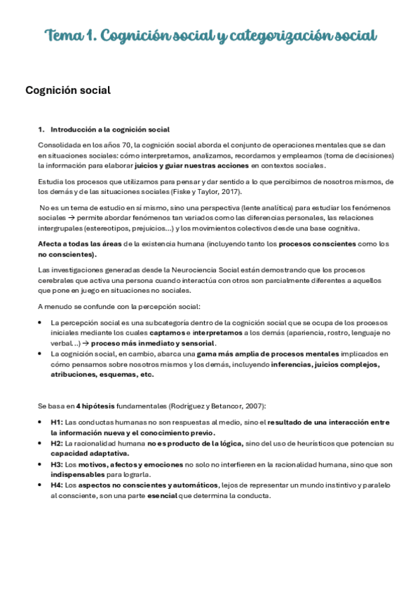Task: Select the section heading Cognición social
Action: tap(68, 90)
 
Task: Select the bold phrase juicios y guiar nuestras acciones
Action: tap(191, 165)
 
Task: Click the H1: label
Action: tap(57, 422)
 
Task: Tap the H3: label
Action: tap(57, 464)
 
